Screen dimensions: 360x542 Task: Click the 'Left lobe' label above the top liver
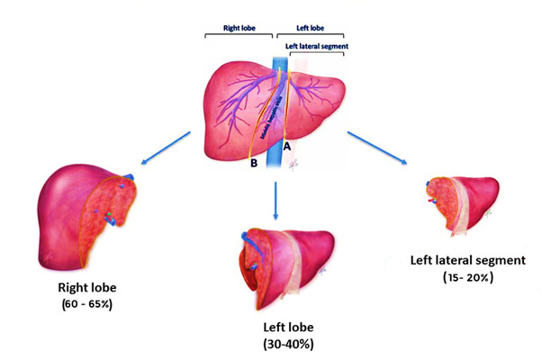pyautogui.click(x=303, y=28)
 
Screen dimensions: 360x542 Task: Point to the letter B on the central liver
pyautogui.click(x=255, y=164)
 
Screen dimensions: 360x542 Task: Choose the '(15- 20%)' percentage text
pyautogui.click(x=466, y=276)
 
